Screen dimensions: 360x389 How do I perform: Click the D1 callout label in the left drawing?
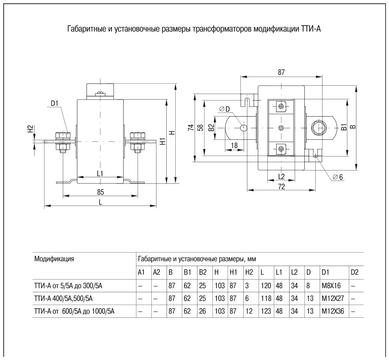55,104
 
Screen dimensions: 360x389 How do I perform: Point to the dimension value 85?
100,192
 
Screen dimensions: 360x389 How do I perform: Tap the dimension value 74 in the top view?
191,128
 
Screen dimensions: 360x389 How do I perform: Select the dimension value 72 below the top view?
281,186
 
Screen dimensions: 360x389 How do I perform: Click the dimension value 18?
234,145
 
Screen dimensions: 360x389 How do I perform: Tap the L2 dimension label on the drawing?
281,176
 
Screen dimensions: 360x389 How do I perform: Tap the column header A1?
141,272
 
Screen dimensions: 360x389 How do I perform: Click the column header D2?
355,272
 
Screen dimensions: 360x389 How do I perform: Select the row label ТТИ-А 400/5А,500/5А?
67,298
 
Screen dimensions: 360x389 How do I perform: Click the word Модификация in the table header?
54,259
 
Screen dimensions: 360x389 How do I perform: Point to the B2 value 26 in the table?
202,311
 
